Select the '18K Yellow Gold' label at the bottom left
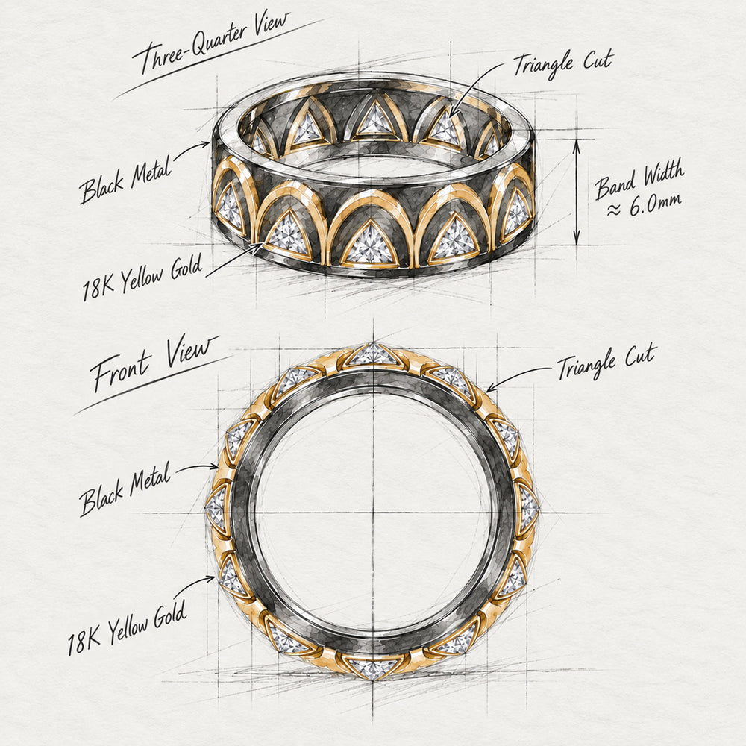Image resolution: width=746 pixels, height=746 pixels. [x=127, y=629]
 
